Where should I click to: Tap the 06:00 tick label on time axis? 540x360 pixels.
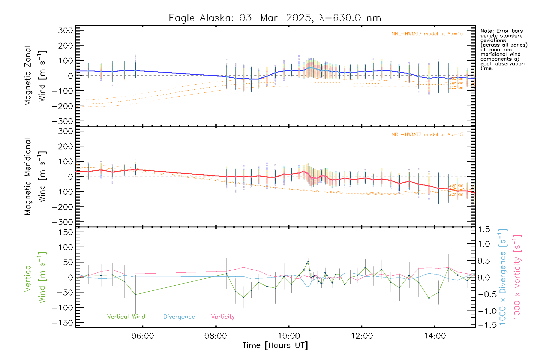pyautogui.click(x=142, y=336)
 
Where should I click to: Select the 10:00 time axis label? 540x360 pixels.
pyautogui.click(x=289, y=336)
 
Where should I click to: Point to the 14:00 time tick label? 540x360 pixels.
pyautogui.click(x=435, y=336)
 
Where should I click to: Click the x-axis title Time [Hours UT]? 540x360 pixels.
pyautogui.click(x=275, y=345)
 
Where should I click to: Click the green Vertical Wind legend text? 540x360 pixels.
pyautogui.click(x=126, y=317)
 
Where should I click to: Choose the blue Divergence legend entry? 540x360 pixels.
pyautogui.click(x=179, y=317)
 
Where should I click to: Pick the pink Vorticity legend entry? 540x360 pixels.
pyautogui.click(x=223, y=317)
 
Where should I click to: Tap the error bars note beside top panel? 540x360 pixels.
pyautogui.click(x=503, y=49)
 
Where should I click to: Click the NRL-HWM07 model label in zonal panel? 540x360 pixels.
pyautogui.click(x=427, y=34)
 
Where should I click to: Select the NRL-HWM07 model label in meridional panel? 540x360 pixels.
pyautogui.click(x=427, y=135)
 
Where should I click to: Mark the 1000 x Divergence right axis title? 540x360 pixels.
pyautogui.click(x=502, y=277)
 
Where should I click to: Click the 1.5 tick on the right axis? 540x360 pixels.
pyautogui.click(x=484, y=229)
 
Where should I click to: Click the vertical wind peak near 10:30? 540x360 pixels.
pyautogui.click(x=308, y=261)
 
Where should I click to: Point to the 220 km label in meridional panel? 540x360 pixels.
pyautogui.click(x=456, y=194)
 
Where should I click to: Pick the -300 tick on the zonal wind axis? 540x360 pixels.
pyautogui.click(x=62, y=121)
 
